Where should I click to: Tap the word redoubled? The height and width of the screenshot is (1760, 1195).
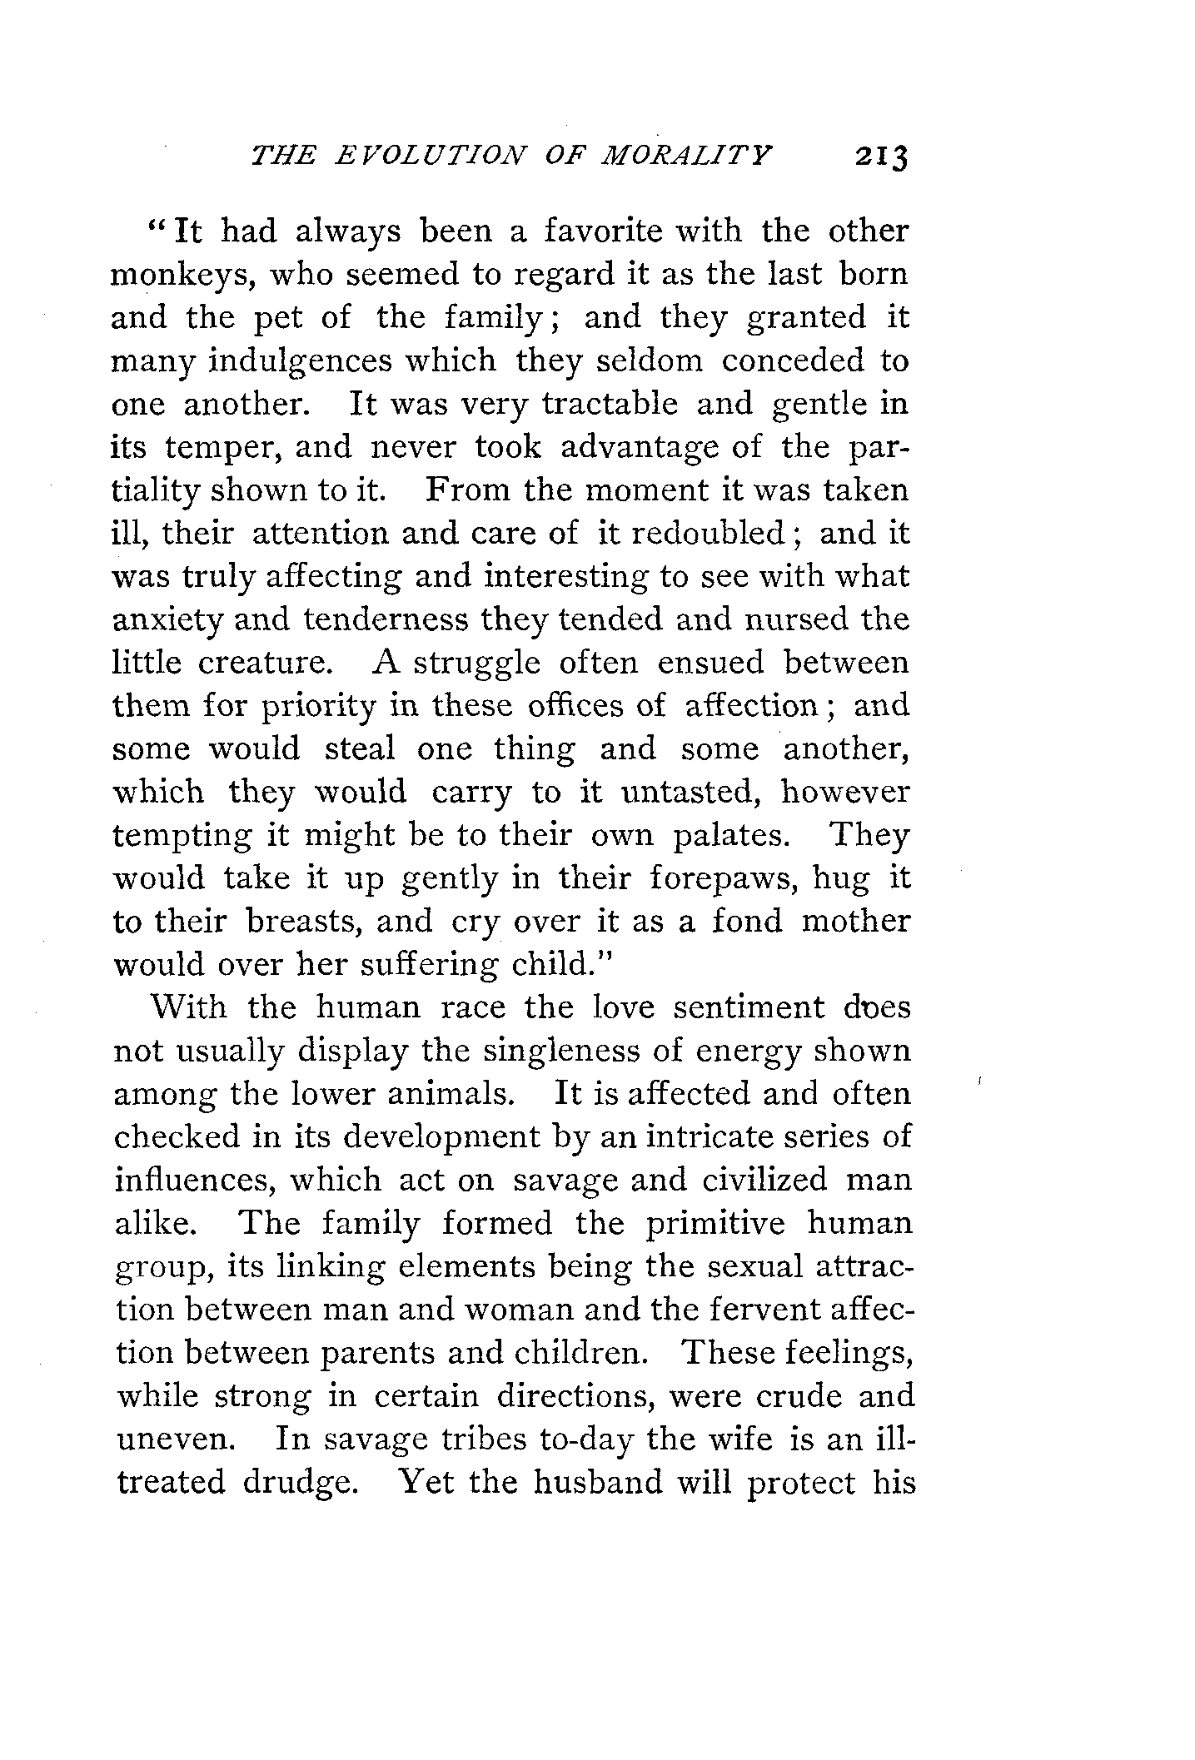pyautogui.click(x=709, y=534)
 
